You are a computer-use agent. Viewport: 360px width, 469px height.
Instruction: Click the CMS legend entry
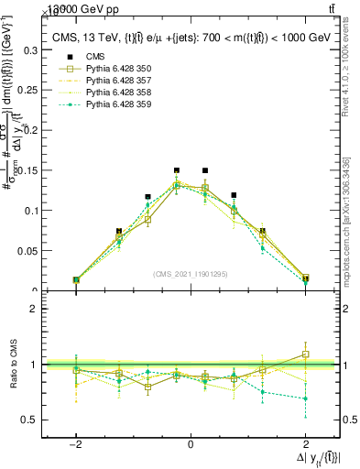pos(97,56)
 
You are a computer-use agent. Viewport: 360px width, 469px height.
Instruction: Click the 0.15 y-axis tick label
pos(34,170)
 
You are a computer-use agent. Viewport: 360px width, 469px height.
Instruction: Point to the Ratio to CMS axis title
pos(12,365)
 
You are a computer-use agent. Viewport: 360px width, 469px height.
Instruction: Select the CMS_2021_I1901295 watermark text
pos(191,274)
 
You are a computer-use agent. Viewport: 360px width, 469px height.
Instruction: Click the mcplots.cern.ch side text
pos(346,229)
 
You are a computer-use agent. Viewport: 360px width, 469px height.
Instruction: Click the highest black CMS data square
pos(177,170)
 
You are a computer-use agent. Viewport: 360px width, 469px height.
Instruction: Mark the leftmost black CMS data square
pos(76,279)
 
